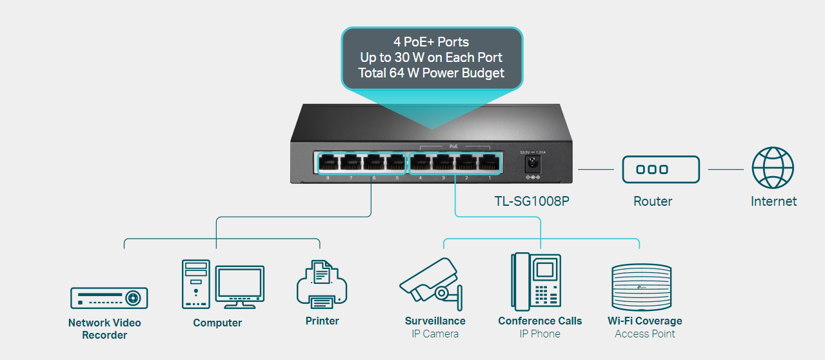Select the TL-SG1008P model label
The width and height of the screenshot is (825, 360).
[x=532, y=201]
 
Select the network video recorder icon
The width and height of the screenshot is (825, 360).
[x=109, y=297]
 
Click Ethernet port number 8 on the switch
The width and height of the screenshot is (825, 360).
[x=328, y=163]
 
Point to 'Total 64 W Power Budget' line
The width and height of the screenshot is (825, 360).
[x=431, y=73]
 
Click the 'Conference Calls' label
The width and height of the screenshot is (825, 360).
[x=540, y=321]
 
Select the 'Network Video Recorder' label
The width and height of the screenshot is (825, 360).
[x=104, y=328]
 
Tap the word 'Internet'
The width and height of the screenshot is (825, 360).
[x=773, y=201]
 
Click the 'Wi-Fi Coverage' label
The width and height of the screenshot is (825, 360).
[x=644, y=321]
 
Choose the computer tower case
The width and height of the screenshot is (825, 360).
[x=195, y=285]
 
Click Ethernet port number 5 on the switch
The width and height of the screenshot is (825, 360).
[x=396, y=163]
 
